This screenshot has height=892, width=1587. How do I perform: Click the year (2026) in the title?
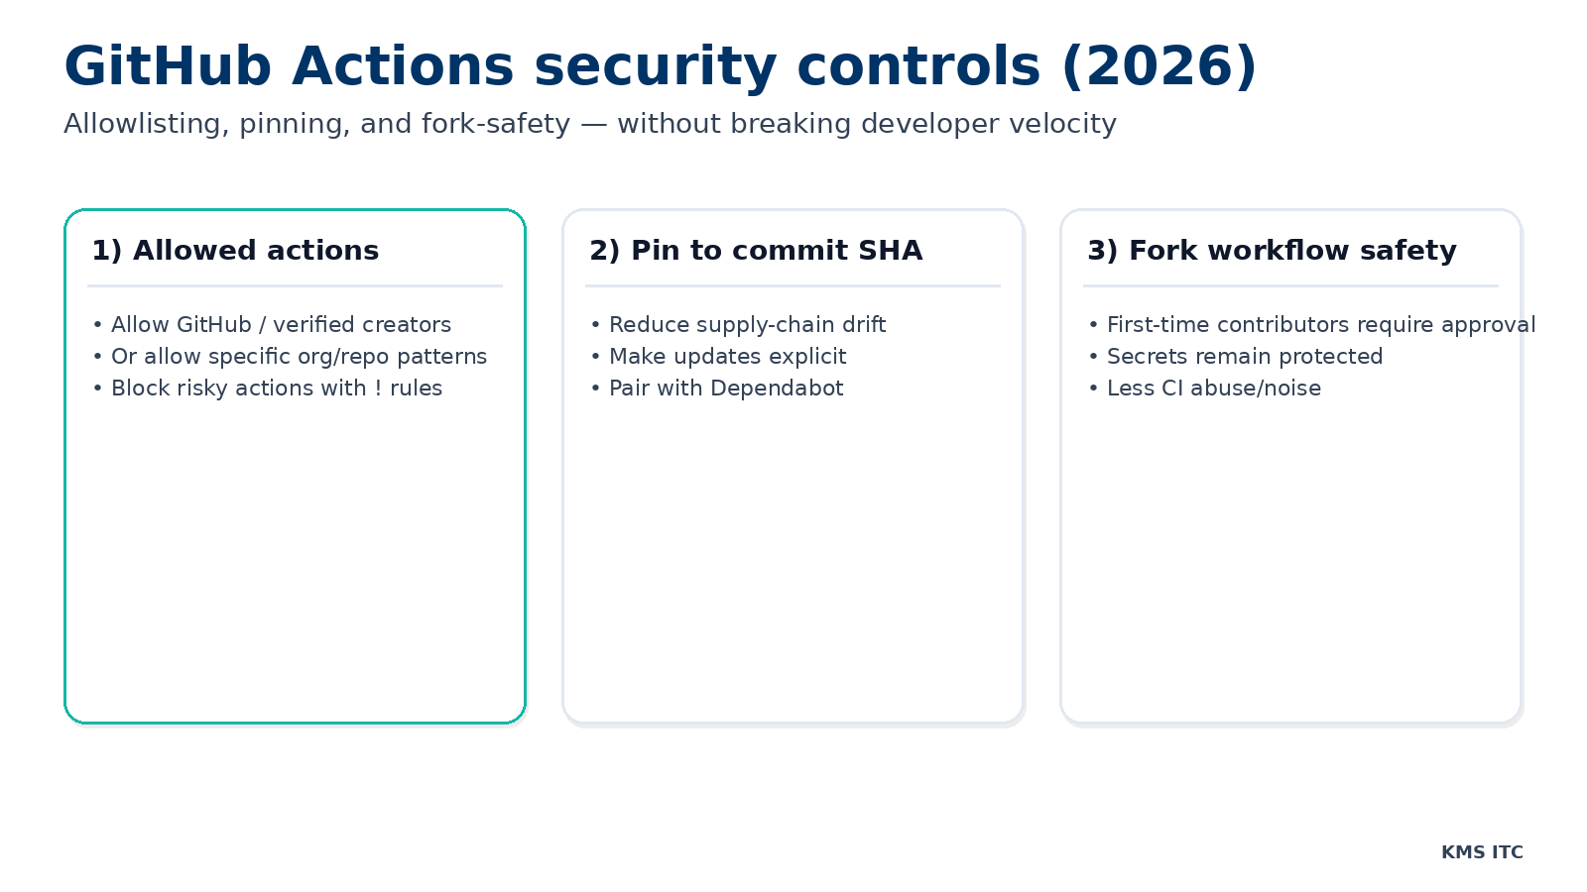click(x=1159, y=67)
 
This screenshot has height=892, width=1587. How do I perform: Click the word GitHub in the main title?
click(x=168, y=67)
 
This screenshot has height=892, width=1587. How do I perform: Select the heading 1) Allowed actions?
click(x=235, y=251)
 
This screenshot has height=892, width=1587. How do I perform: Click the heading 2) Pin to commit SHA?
click(x=756, y=251)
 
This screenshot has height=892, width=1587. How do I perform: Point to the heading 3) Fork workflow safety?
click(x=1272, y=251)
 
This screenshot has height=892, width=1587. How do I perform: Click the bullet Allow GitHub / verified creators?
click(x=281, y=325)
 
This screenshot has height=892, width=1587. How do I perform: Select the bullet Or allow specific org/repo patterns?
click(x=299, y=357)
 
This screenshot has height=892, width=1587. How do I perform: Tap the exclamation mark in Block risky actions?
click(x=378, y=389)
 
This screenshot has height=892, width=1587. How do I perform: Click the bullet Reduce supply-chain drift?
click(x=747, y=325)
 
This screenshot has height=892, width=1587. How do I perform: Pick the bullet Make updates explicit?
click(x=727, y=357)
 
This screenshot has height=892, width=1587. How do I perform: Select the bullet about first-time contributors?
click(x=1320, y=325)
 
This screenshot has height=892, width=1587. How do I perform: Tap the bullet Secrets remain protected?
click(x=1244, y=357)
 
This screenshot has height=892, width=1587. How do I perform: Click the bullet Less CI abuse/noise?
click(x=1213, y=389)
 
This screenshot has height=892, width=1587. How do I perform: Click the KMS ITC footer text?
click(x=1482, y=852)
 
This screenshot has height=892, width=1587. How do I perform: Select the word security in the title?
click(x=655, y=67)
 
